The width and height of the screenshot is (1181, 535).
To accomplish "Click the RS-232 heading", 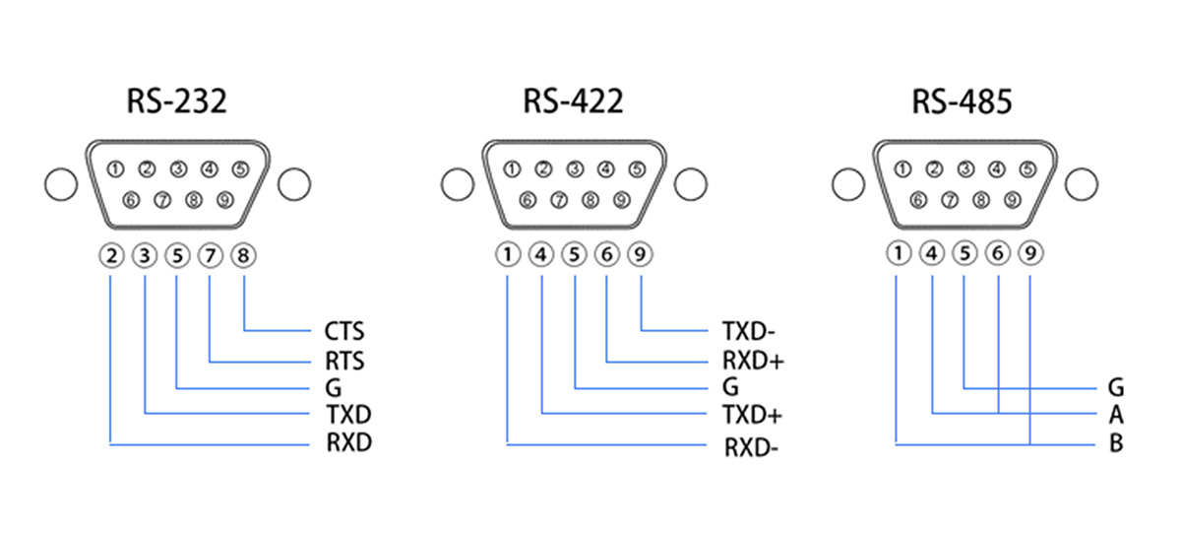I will point(176,101).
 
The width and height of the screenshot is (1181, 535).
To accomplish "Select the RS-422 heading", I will point(573,101).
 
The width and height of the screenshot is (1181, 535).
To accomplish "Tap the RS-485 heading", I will point(961,101).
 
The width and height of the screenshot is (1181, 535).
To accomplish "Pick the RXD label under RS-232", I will point(349,442).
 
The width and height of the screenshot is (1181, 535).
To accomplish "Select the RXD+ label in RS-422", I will point(753,362).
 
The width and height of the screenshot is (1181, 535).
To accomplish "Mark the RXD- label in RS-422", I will point(752,449).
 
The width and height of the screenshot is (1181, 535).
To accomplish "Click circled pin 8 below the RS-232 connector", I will point(243,256).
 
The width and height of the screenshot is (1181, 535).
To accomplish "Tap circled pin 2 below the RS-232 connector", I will point(112,256).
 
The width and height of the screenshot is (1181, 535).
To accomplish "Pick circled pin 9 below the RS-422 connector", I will point(641,255).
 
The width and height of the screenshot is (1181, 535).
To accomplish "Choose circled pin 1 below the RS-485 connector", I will point(898,254).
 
